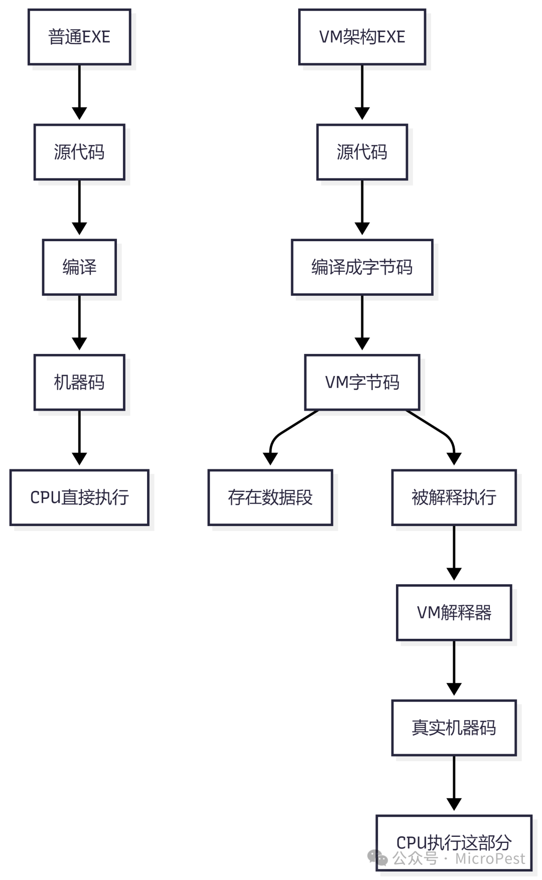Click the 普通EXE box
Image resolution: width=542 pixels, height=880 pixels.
(79, 37)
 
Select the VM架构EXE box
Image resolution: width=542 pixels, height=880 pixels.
(362, 37)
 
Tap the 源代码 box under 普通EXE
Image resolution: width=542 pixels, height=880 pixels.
(79, 152)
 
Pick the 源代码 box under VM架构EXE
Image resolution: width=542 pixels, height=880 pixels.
(362, 152)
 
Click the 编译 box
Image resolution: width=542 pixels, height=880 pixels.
(79, 267)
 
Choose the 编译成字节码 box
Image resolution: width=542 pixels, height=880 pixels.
(362, 267)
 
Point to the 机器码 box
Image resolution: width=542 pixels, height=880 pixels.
(79, 383)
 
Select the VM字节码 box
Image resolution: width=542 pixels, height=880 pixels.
(362, 383)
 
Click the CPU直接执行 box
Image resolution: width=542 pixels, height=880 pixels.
(79, 497)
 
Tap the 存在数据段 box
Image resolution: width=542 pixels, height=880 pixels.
(270, 497)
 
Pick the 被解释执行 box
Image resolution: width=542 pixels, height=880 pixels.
(454, 497)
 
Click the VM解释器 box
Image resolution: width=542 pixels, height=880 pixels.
(454, 613)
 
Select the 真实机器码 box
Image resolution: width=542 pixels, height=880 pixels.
(454, 728)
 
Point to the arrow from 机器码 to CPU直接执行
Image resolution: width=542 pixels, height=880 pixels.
(79, 436)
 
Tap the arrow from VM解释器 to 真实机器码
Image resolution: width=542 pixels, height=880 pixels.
(454, 667)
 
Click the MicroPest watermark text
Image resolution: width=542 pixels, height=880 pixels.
(490, 859)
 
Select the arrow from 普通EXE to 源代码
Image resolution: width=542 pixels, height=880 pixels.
(79, 90)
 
